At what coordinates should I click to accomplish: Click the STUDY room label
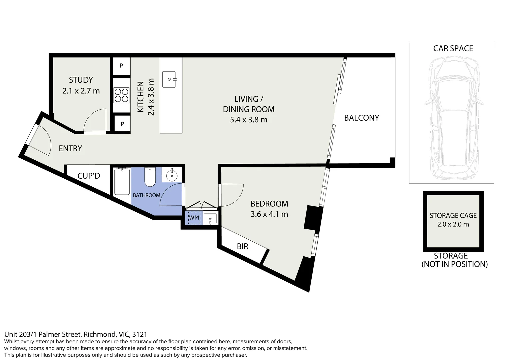coord(81,80)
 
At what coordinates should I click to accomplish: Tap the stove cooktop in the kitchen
coord(121,95)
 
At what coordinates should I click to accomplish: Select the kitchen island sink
coord(169,79)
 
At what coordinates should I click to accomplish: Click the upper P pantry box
coord(121,66)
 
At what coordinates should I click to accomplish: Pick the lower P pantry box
coord(122,124)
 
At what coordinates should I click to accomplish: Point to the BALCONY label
coord(361,118)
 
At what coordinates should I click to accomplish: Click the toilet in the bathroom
coord(150,177)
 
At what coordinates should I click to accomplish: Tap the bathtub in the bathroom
coord(122,182)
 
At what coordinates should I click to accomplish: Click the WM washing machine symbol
coord(194,218)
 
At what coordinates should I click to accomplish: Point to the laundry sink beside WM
coord(210,219)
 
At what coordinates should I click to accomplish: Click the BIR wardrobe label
coord(242,246)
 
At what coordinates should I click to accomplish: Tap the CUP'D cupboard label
coord(89,176)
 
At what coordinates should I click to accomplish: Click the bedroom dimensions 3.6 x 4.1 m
coord(269,214)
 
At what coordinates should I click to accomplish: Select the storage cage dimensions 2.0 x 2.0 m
coord(453,224)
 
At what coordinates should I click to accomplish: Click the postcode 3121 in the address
coord(140,334)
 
